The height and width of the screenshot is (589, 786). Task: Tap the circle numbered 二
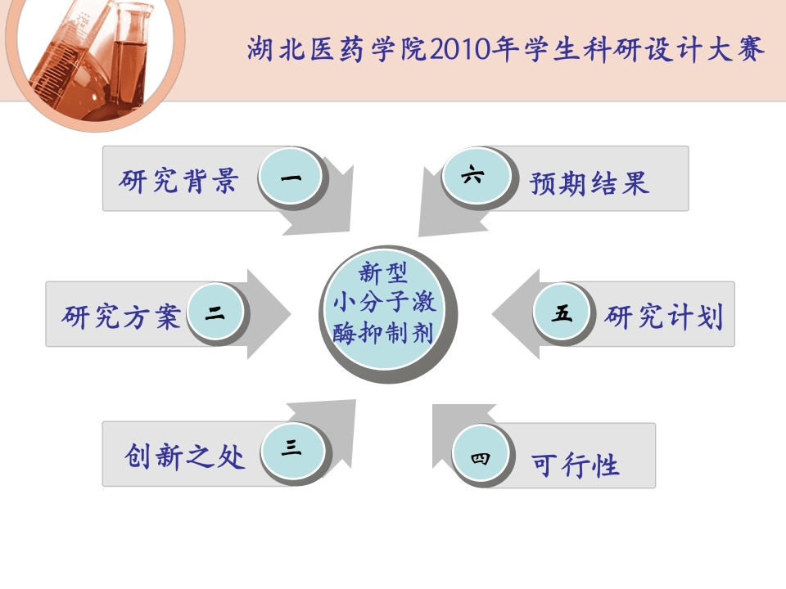[215, 313]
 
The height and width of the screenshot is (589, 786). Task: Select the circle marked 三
[292, 449]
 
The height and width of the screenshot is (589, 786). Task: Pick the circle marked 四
[481, 458]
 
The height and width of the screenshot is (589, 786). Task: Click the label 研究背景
[178, 180]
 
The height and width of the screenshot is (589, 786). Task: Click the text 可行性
[576, 465]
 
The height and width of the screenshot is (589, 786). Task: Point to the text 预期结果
[589, 182]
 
